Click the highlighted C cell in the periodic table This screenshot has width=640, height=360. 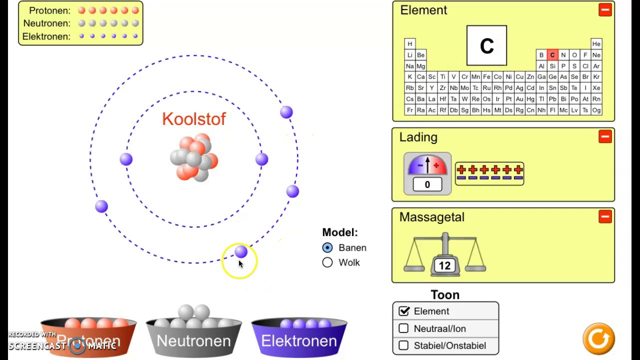coord(552,55)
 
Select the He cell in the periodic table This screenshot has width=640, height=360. coord(596,43)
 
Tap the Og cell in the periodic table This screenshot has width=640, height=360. coord(596,110)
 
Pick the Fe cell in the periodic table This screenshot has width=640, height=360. coord(486,77)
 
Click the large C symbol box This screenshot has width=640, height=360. coord(486,45)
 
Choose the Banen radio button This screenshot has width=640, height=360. coord(327,247)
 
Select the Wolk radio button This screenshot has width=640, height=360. coord(327,262)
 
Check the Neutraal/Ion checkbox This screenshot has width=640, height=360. coord(403,328)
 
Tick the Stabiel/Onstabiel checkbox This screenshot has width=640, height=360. coord(403,345)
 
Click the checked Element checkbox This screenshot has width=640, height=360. coord(404,311)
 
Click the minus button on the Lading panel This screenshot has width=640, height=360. coord(605,136)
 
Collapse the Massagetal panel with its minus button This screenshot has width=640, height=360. coord(605,216)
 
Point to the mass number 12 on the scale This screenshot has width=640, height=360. coord(444,265)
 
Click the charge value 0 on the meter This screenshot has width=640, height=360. coord(427,184)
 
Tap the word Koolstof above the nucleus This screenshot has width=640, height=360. coord(194,119)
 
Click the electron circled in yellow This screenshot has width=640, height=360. coord(241,251)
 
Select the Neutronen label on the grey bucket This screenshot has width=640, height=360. coord(193,341)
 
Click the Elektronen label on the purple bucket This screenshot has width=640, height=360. coord(299,341)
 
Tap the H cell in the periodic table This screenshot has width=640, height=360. coord(409,43)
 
